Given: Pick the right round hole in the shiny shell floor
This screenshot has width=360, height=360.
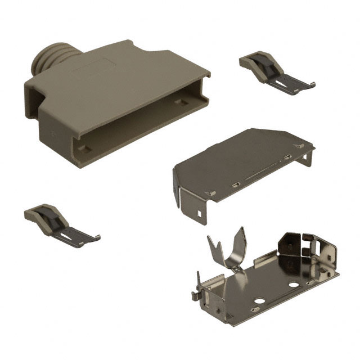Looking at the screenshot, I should click(x=293, y=285).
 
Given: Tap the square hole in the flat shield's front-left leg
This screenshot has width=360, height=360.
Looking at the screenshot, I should click(x=200, y=214).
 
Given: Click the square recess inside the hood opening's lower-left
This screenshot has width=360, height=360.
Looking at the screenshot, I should click(x=84, y=149).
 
